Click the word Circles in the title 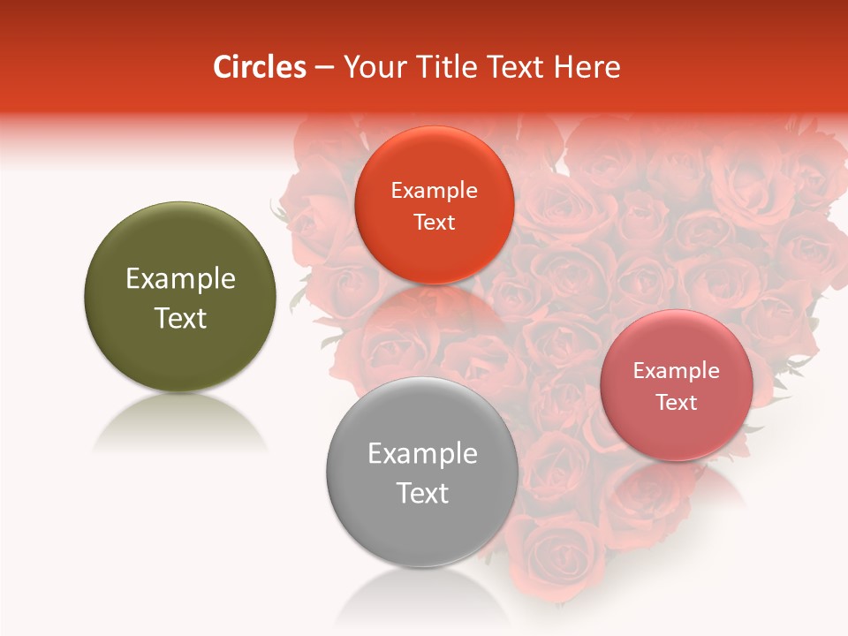pos(260,67)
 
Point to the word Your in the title pos(371,67)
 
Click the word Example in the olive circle pos(180,279)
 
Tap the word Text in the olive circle pos(180,318)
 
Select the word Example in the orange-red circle pos(434,191)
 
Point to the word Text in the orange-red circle pos(434,222)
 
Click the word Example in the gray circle pos(422,454)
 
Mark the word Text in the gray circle pos(422,493)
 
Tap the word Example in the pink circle pos(677,371)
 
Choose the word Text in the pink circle pos(677,402)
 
